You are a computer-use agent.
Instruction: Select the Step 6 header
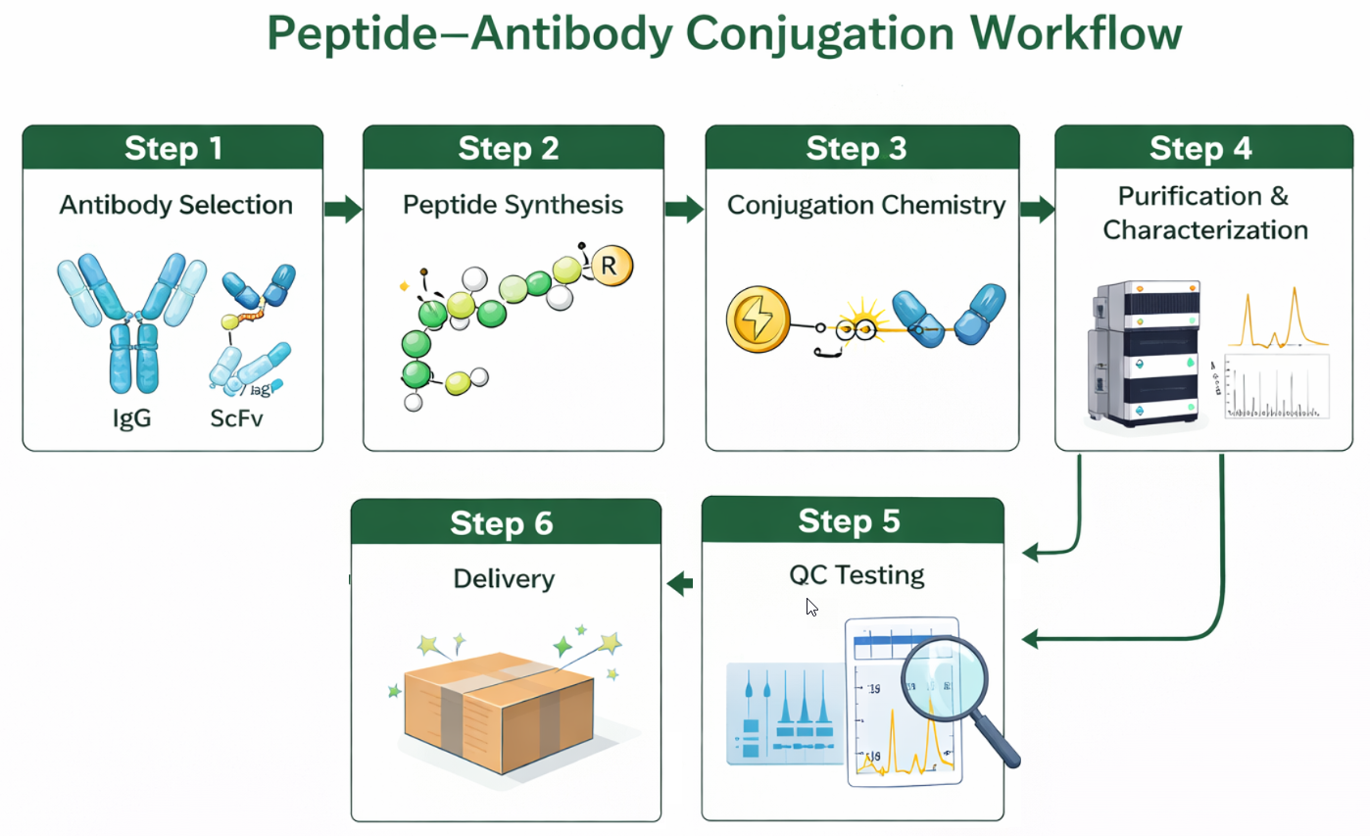coord(501,523)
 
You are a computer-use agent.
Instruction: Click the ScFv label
coord(238,418)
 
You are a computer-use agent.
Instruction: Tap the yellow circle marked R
coord(609,265)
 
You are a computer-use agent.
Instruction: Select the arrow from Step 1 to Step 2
coord(342,208)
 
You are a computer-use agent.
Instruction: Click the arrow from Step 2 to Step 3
coord(684,208)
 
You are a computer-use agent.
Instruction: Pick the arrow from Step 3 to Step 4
coord(1037,208)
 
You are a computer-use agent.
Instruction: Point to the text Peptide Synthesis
coord(513,205)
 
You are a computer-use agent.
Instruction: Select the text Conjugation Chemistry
coord(865,205)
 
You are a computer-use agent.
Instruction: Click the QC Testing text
coord(856,574)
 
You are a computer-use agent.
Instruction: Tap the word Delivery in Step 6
coord(504,578)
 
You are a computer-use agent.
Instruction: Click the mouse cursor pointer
coord(811,607)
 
